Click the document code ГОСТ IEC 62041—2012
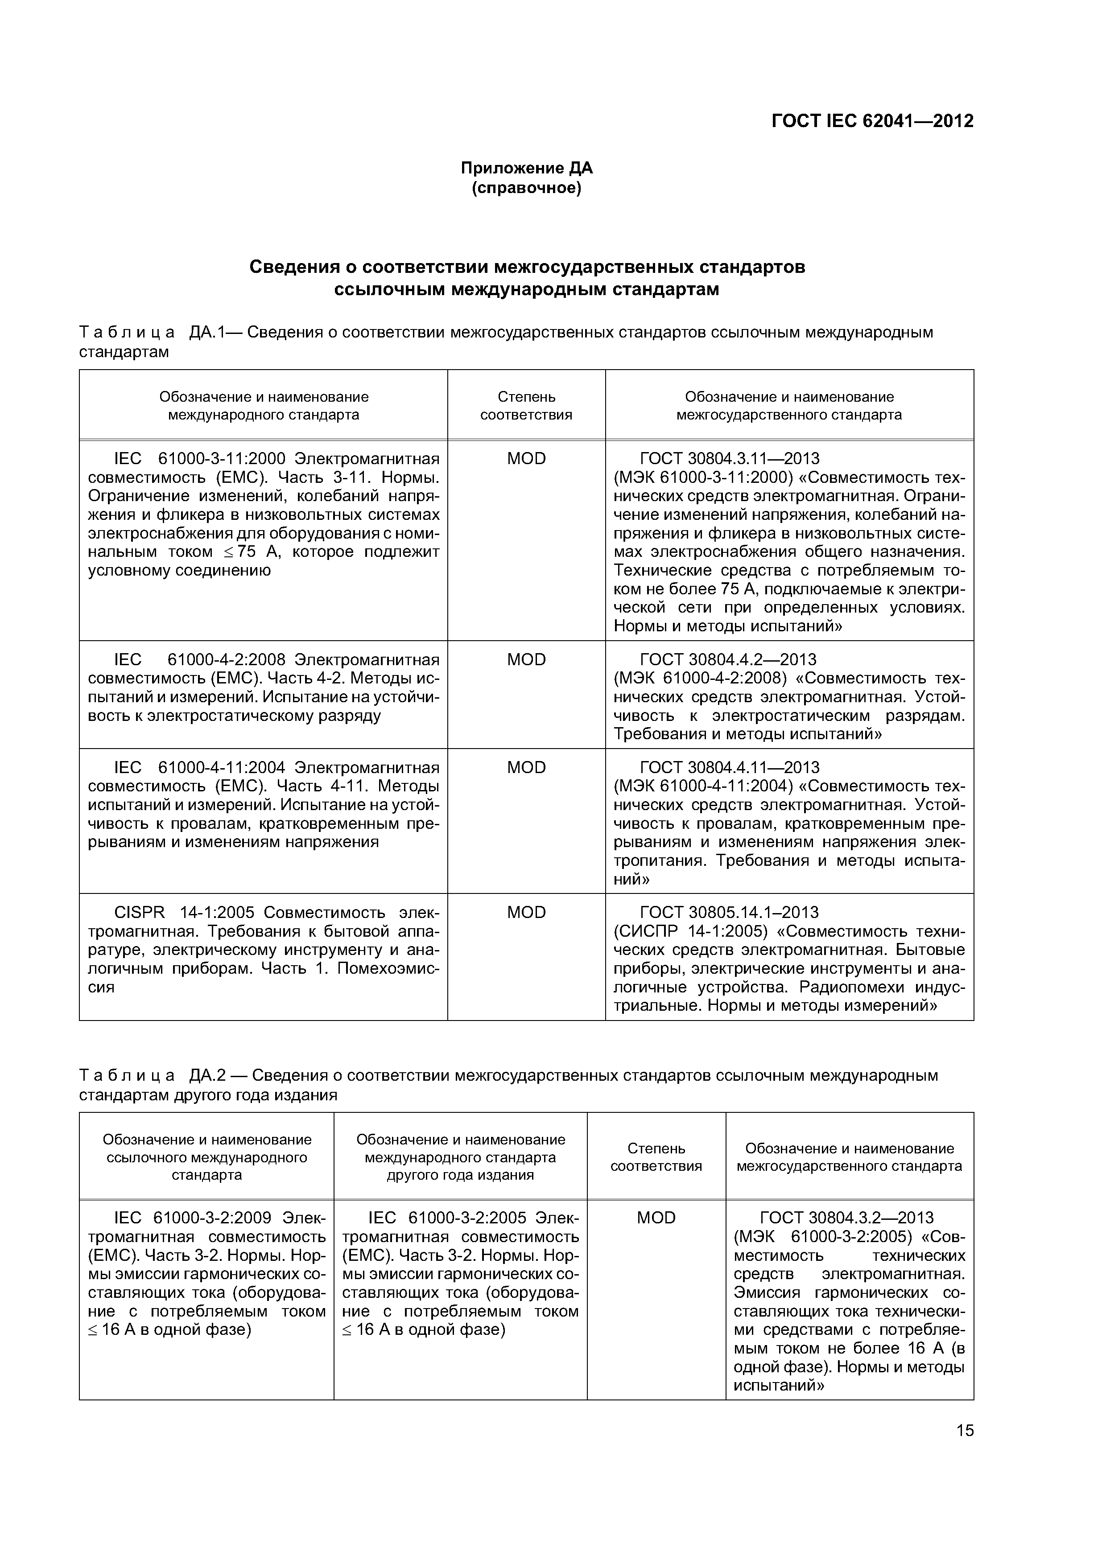pos(871,121)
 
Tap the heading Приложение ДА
pos(527,168)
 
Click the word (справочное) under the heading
pos(527,188)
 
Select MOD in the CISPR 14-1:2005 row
pos(526,912)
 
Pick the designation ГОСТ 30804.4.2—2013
pos(728,659)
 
